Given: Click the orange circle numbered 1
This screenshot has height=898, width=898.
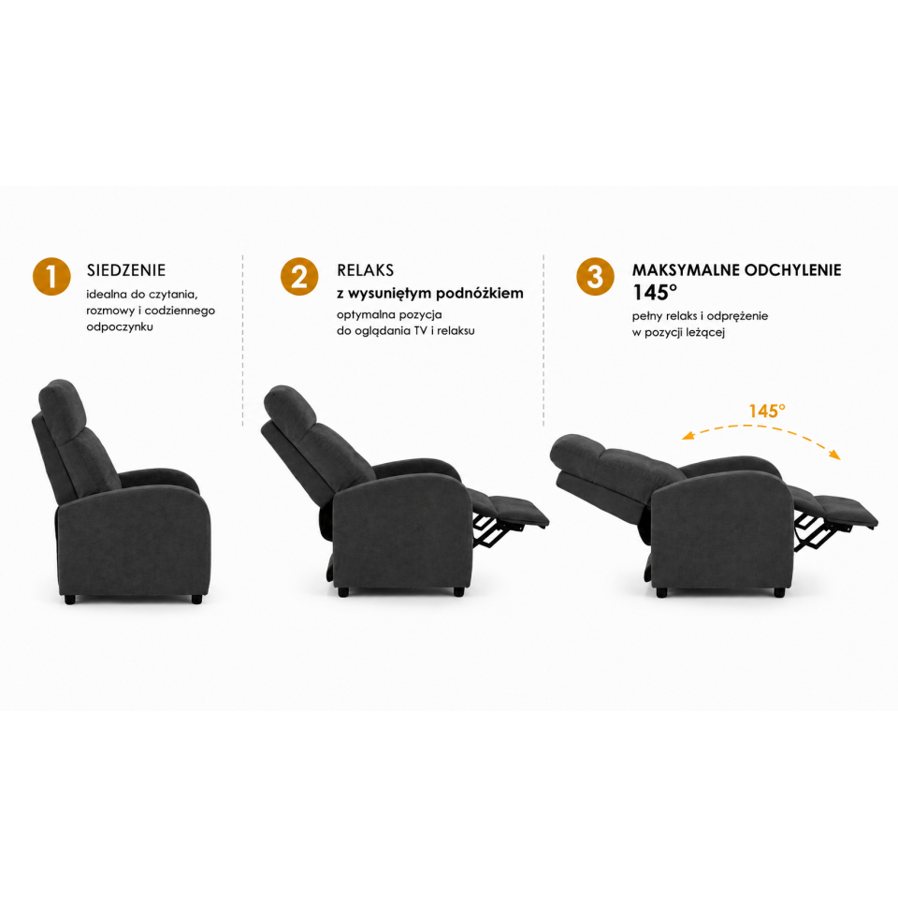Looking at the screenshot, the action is click(x=51, y=277).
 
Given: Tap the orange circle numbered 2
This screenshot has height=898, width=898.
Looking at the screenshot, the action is click(x=299, y=277).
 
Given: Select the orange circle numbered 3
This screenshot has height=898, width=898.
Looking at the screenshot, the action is click(x=595, y=277).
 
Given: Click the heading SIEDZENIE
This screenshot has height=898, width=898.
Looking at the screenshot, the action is click(x=126, y=270).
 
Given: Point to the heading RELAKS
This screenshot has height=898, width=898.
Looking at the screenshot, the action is click(x=366, y=270).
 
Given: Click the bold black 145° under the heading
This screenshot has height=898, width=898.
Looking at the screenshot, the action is click(x=655, y=293).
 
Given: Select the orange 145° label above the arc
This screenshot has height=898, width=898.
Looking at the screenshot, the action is click(x=767, y=412).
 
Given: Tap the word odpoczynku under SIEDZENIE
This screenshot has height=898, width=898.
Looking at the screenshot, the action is click(x=120, y=327).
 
